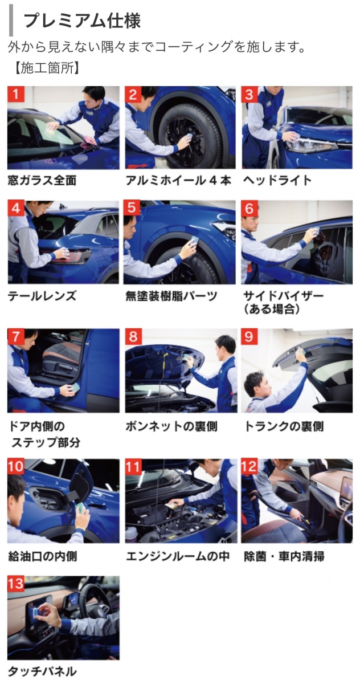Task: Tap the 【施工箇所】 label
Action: [47, 68]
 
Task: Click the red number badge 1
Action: [16, 94]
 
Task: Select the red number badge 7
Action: [16, 336]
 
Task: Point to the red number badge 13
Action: [16, 584]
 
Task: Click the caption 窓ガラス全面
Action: [42, 180]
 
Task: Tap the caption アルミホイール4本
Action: [178, 180]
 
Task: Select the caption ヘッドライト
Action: [277, 180]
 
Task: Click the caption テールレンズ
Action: [42, 296]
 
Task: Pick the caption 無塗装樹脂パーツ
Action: [171, 296]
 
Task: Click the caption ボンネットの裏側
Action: [171, 426]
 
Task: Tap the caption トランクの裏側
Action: [284, 426]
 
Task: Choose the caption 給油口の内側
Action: [42, 556]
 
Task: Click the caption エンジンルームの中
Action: [178, 556]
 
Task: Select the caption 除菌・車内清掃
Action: [284, 556]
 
